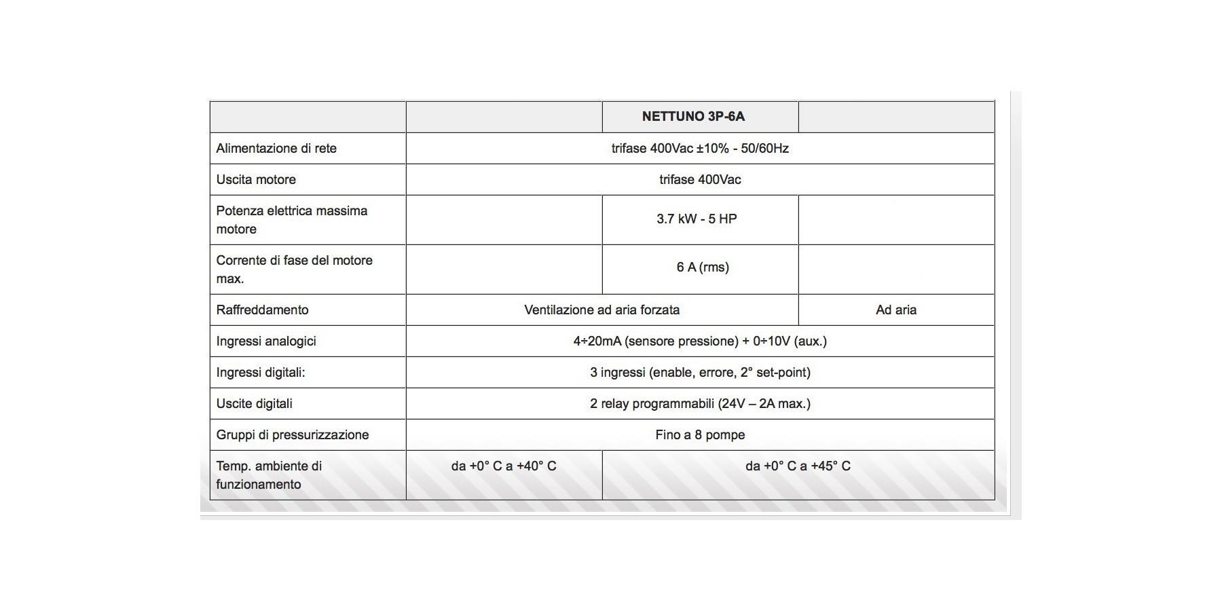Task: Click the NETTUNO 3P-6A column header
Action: [693, 117]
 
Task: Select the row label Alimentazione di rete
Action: [276, 149]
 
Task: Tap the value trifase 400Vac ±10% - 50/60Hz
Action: [700, 149]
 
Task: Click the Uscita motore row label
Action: [256, 180]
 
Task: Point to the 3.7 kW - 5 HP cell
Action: [697, 219]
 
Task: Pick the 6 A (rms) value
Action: [703, 267]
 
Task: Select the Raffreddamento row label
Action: [262, 310]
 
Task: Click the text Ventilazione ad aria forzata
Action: [601, 310]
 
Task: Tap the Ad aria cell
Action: [896, 310]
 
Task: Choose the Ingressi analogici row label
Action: [266, 341]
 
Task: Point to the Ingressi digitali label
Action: [261, 373]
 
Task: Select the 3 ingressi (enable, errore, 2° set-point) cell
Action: [700, 373]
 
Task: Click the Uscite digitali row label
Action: [255, 404]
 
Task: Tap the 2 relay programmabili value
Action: [700, 404]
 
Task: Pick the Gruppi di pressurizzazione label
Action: [293, 435]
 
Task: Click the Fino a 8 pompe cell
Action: [700, 435]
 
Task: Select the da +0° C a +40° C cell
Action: [504, 466]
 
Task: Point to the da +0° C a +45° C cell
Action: [798, 466]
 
